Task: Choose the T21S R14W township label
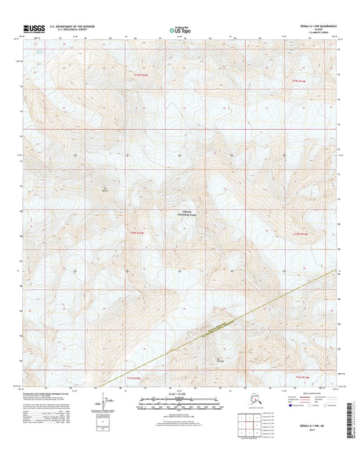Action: tap(303, 377)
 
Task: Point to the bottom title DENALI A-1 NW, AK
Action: tap(307, 437)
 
